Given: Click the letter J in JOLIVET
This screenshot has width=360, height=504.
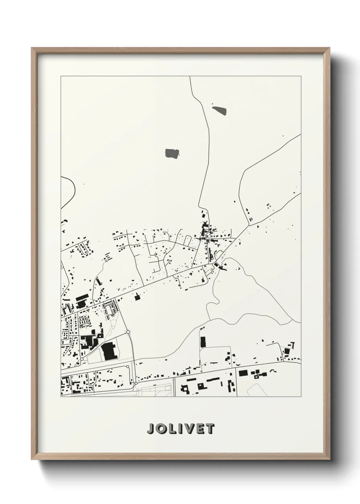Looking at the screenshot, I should click(x=150, y=429).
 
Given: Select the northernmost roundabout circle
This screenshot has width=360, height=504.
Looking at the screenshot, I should click(x=128, y=332).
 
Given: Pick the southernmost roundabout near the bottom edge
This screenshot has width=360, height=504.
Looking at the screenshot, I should click(x=136, y=383).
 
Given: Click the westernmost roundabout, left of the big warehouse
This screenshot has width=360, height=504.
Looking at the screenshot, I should click(x=82, y=359).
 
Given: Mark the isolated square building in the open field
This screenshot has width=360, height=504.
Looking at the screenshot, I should click(x=137, y=298).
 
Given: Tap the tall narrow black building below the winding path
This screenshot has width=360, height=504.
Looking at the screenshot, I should click(x=203, y=342).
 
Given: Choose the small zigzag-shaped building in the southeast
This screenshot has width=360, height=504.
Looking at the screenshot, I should click(x=260, y=375).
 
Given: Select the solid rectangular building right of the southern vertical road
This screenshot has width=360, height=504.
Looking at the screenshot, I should click(x=243, y=373).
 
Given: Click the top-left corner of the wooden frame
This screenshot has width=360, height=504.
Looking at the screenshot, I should click(x=32, y=48).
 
